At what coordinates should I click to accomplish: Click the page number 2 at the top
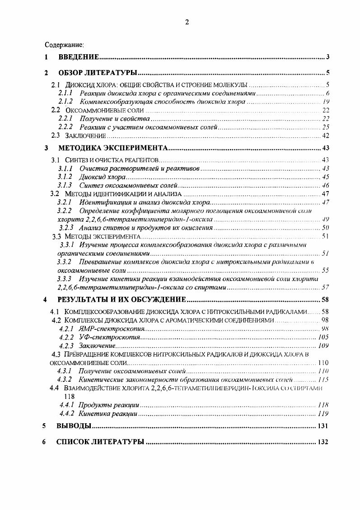tap(187, 23)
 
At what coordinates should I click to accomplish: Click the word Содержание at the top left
tap(64, 45)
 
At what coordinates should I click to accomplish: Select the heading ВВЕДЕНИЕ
tap(79, 57)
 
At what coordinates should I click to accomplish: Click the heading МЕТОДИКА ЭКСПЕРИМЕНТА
tap(113, 148)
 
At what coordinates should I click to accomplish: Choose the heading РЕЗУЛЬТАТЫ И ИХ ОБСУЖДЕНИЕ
tap(122, 299)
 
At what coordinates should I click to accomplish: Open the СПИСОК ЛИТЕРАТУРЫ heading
tap(100, 442)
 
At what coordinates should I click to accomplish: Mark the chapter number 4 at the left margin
tap(44, 299)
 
